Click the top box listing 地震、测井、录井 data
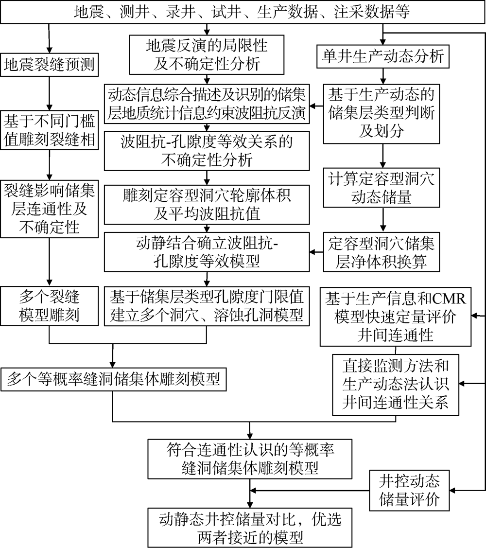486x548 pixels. [x=243, y=12]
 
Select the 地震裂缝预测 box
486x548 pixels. [x=49, y=65]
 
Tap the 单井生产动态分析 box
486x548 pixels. [x=383, y=56]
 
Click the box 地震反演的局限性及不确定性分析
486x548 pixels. [x=207, y=55]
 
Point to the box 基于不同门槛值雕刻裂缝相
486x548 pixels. [x=49, y=130]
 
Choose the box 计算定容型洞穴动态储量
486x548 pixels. [x=381, y=188]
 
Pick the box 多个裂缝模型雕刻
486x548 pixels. [x=49, y=306]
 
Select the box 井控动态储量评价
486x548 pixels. [x=409, y=490]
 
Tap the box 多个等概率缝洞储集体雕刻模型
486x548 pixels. [x=113, y=379]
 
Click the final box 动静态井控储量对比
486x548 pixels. [x=250, y=528]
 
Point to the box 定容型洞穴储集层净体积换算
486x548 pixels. [x=381, y=252]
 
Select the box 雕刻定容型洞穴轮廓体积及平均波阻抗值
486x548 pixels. [x=207, y=204]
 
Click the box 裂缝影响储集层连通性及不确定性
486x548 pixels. [x=49, y=209]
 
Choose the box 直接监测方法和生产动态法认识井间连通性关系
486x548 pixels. [x=396, y=385]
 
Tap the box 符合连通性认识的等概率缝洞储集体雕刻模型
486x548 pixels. [x=250, y=459]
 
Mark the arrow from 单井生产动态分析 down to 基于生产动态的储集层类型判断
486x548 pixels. [x=383, y=76]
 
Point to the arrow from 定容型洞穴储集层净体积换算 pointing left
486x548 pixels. [x=316, y=252]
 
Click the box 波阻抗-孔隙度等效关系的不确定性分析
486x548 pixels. [x=207, y=151]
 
